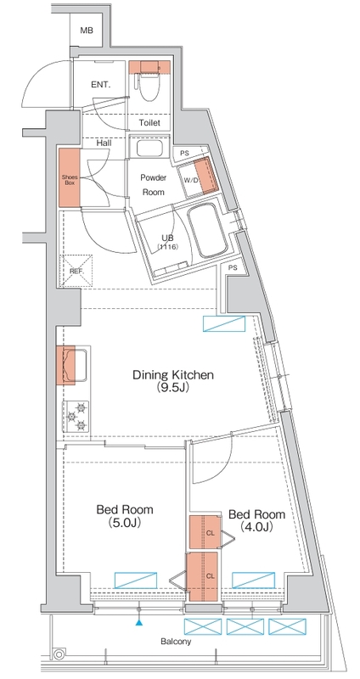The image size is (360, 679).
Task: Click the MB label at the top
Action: (87, 31)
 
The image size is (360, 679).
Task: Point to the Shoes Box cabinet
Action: (69, 177)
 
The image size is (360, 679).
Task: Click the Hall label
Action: (106, 143)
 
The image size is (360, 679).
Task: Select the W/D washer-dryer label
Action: (188, 179)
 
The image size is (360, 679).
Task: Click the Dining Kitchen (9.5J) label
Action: (170, 382)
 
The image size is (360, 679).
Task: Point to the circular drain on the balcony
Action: (59, 654)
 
